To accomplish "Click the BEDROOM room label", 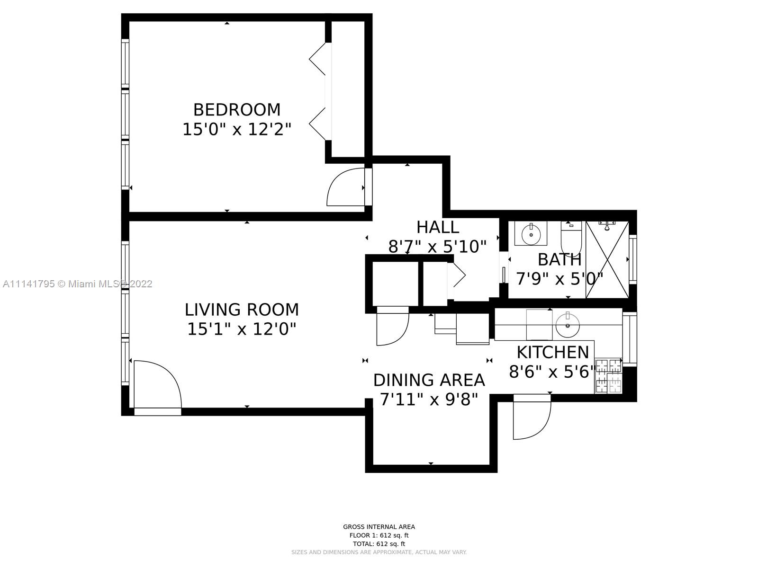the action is pyautogui.click(x=236, y=110).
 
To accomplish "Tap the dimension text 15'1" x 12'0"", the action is pyautogui.click(x=242, y=329).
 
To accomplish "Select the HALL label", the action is pyautogui.click(x=438, y=227).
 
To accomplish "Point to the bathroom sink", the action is pyautogui.click(x=531, y=233).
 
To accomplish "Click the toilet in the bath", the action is pyautogui.click(x=571, y=238).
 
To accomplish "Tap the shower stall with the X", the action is pyautogui.click(x=607, y=259).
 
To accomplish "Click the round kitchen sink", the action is pyautogui.click(x=568, y=324).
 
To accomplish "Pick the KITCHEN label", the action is pyautogui.click(x=552, y=353).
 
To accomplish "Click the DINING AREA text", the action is pyautogui.click(x=429, y=380).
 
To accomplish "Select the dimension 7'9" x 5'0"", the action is pyautogui.click(x=559, y=279).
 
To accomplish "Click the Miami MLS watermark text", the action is pyautogui.click(x=77, y=284).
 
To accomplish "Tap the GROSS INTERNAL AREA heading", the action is pyautogui.click(x=379, y=527).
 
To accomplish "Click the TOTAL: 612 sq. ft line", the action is pyautogui.click(x=379, y=544).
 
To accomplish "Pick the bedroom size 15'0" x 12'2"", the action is pyautogui.click(x=236, y=130).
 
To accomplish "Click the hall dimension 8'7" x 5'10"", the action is pyautogui.click(x=438, y=247).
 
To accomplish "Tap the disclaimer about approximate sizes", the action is pyautogui.click(x=379, y=552).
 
